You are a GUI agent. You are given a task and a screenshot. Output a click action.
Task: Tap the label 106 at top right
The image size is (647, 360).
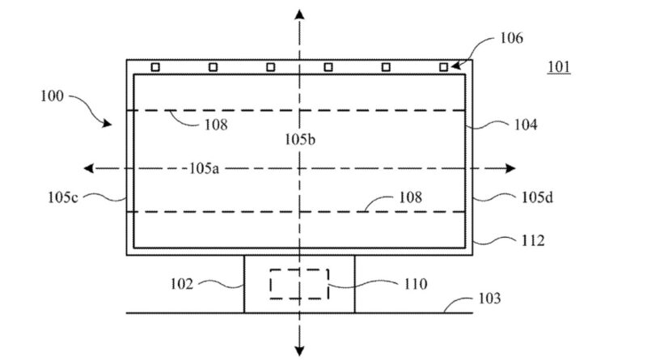[510, 37]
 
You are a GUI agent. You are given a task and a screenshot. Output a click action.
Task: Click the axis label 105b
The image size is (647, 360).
[299, 139]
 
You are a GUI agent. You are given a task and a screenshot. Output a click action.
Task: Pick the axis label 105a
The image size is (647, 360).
[205, 168]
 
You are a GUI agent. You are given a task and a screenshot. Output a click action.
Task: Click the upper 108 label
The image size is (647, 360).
[216, 125]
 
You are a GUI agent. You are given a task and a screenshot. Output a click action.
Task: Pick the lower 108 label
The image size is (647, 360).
[410, 197]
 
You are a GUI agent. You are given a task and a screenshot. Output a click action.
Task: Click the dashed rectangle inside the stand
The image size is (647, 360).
[298, 284]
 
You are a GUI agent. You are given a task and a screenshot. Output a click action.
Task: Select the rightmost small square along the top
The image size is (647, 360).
[443, 67]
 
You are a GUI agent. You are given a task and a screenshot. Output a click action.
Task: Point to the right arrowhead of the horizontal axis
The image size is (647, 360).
[510, 168]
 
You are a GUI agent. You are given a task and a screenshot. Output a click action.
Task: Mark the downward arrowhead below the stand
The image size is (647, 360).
[299, 349]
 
